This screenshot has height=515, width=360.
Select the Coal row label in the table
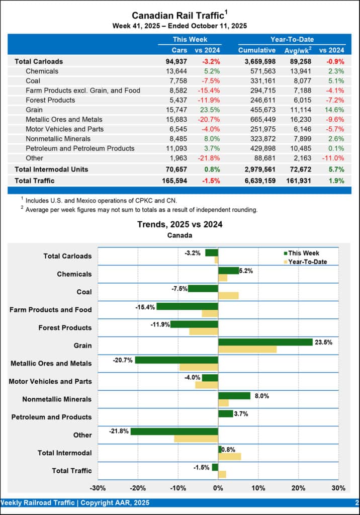pyautogui.click(x=33, y=80)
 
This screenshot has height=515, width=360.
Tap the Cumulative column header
pyautogui.click(x=257, y=50)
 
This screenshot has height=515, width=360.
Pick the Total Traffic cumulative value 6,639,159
pyautogui.click(x=257, y=180)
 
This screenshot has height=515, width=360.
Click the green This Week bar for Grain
pyautogui.click(x=265, y=342)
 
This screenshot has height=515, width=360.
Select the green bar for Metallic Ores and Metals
pyautogui.click(x=176, y=360)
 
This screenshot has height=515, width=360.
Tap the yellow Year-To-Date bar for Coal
pyautogui.click(x=228, y=295)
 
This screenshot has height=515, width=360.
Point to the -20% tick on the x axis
pyautogui.click(x=138, y=488)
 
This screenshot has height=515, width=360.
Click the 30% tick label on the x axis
pyautogui.click(x=338, y=488)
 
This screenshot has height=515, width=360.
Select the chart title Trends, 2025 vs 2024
pyautogui.click(x=179, y=224)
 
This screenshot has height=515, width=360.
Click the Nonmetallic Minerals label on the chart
pyautogui.click(x=57, y=399)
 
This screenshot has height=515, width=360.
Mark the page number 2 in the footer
pyautogui.click(x=356, y=502)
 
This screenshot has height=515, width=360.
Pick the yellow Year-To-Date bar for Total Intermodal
pyautogui.click(x=229, y=456)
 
